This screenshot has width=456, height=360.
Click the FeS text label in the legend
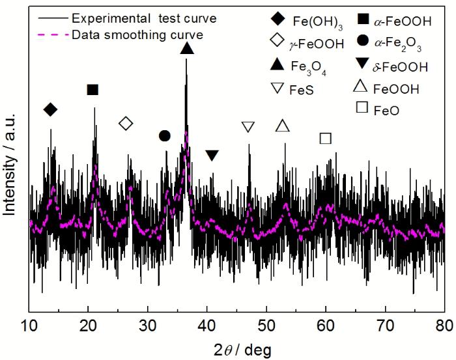coord(301,90)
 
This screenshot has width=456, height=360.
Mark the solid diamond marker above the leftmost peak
coord(50,109)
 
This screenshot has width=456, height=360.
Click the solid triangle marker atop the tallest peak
coord(187,49)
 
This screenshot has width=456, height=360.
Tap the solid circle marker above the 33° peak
coord(164,135)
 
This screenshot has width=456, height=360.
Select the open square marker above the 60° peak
coord(326,138)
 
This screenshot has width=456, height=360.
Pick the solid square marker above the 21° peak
coord(93,89)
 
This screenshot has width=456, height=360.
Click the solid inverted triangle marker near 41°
coord(212,155)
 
